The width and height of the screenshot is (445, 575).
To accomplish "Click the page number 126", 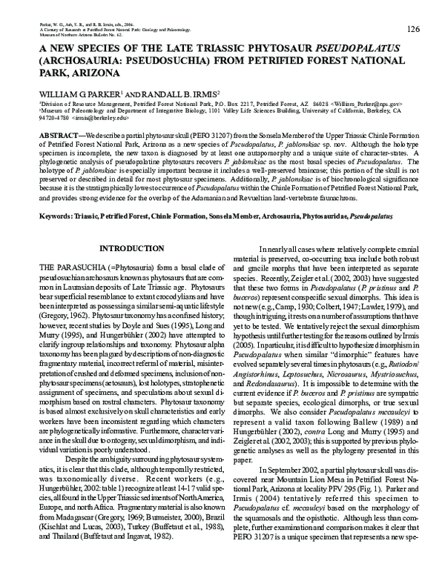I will [x=414, y=29].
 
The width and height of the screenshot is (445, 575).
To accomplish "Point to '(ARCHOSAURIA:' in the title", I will [x=81, y=62].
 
